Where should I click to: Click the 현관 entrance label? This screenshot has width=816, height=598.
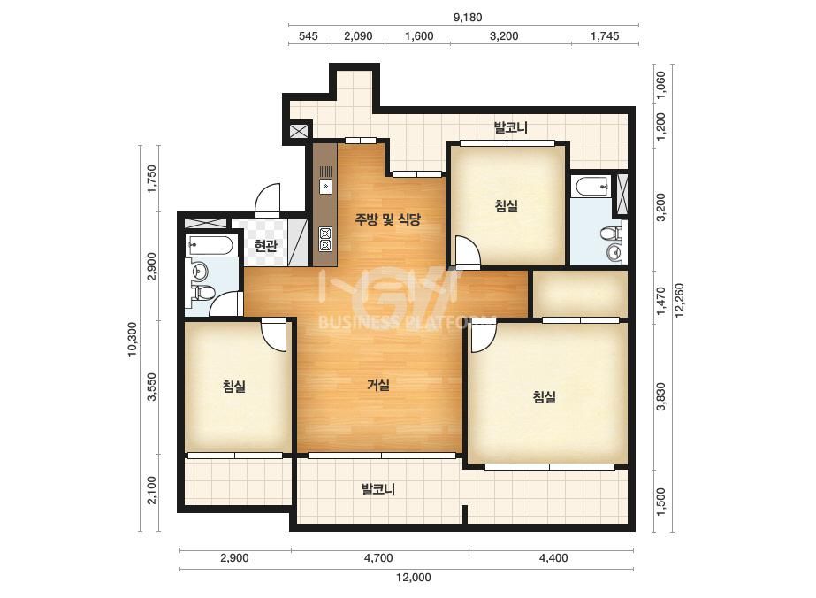click(265, 245)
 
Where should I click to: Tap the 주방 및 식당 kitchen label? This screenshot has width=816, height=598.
click(388, 219)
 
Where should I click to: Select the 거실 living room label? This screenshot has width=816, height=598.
click(378, 385)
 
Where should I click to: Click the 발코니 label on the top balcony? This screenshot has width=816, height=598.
click(510, 127)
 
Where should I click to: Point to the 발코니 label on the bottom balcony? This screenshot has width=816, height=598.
click(378, 489)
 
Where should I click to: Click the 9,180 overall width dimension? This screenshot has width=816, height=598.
click(468, 17)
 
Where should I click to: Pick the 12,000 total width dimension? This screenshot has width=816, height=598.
click(413, 577)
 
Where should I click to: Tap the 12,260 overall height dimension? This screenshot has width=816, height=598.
click(679, 300)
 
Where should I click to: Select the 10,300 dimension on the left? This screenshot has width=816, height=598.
click(133, 339)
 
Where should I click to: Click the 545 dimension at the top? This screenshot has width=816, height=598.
click(308, 36)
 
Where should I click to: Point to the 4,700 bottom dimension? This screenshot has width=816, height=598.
click(378, 558)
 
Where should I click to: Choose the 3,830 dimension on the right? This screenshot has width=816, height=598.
click(660, 396)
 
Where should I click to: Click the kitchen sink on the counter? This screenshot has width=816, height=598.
click(325, 186)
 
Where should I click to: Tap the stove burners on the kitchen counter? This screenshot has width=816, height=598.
click(325, 240)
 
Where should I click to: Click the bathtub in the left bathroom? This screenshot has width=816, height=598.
click(212, 245)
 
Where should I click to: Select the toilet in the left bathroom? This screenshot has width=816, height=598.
click(204, 294)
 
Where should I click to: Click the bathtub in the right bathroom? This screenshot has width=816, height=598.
click(591, 186)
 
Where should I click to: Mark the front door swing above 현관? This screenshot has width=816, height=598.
click(268, 200)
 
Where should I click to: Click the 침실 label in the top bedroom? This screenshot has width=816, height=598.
click(507, 205)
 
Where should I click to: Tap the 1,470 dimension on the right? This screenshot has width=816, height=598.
click(660, 301)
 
